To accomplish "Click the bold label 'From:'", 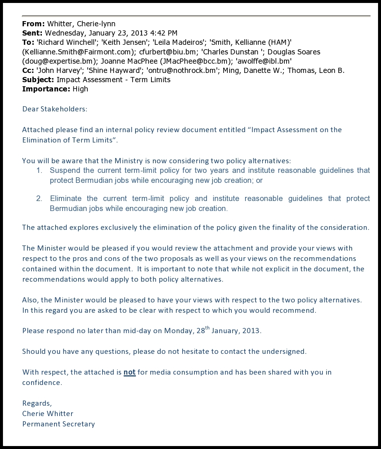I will (33, 24).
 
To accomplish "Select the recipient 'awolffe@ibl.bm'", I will (264, 61).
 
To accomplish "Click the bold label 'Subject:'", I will (38, 80).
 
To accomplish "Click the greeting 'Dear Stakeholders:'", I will (54, 109).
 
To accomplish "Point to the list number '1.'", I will (39, 171).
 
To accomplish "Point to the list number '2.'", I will (39, 199).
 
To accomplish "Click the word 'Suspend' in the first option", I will (63, 171).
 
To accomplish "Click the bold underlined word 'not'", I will (130, 372).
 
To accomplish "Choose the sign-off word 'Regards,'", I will (37, 403).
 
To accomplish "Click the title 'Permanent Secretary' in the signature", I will (59, 424).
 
